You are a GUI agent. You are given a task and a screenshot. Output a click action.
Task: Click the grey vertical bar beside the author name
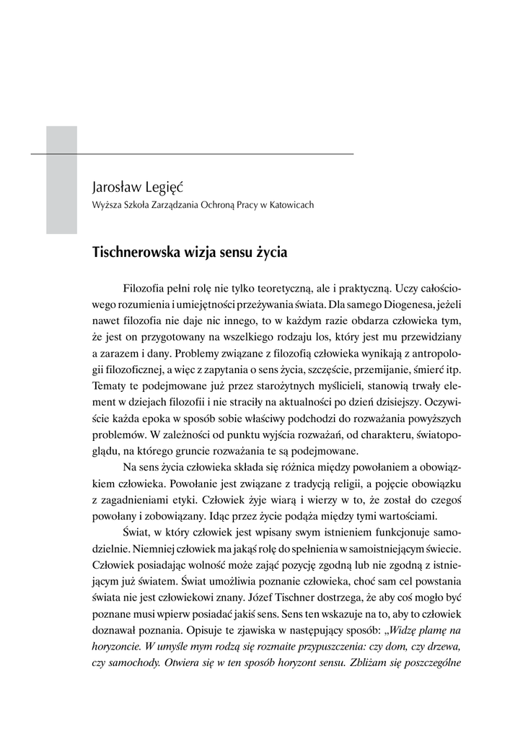(x=61, y=180)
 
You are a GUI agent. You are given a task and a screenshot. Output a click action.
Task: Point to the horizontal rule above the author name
(x=216, y=154)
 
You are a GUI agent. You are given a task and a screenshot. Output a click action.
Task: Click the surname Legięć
(x=164, y=188)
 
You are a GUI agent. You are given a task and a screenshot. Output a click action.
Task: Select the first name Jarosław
(x=116, y=188)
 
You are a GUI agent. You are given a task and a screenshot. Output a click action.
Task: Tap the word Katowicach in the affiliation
(x=291, y=205)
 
